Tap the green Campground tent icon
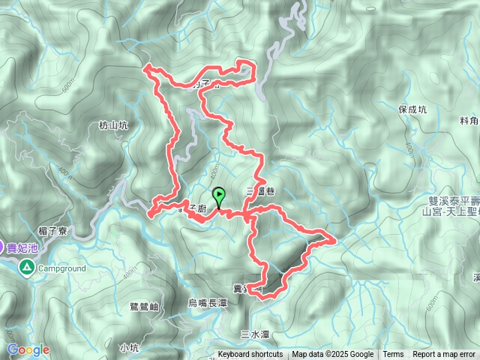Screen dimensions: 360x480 click(26, 267)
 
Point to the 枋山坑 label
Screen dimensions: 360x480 click(113, 126)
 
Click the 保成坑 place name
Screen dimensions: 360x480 click(412, 109)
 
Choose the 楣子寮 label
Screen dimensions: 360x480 click(52, 232)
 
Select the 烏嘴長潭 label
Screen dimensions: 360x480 click(206, 303)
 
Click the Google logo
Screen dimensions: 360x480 click(28, 349)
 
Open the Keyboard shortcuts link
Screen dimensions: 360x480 click(250, 355)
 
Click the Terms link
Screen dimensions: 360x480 click(393, 355)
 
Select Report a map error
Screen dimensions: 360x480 click(444, 355)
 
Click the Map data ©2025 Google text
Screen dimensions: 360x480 click(333, 355)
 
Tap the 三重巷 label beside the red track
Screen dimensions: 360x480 click(260, 192)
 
